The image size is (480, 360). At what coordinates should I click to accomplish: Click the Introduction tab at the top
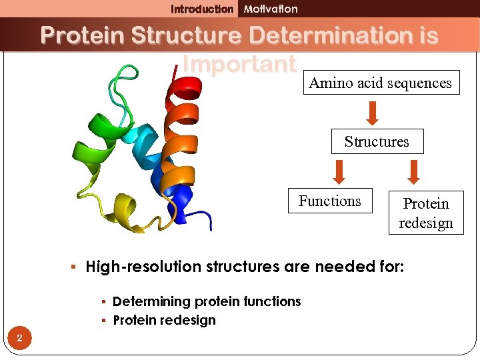202,9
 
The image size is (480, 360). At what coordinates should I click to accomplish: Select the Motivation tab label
271,9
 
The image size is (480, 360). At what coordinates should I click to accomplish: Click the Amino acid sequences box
381,83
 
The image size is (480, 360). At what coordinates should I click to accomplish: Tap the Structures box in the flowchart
377,141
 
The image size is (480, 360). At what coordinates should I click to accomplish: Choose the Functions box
329,201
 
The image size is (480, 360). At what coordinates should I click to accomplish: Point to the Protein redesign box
426,213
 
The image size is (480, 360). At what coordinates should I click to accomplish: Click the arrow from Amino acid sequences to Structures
373,112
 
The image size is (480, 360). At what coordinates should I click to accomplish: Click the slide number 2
20,339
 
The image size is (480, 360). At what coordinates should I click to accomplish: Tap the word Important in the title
239,64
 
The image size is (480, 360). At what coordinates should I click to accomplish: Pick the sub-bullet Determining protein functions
207,301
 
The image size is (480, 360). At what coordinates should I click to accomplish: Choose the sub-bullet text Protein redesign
164,320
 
